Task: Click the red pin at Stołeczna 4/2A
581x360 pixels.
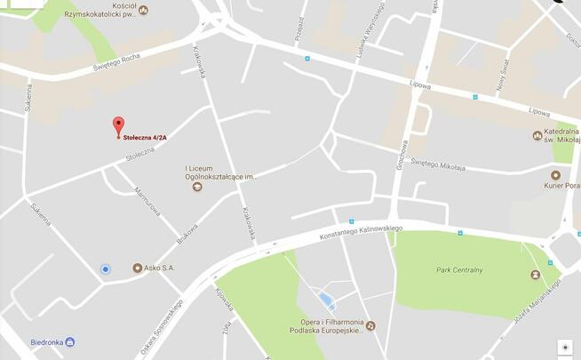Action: (x=118, y=125)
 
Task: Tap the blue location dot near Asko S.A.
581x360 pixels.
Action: (x=106, y=268)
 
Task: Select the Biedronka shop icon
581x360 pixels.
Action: (x=70, y=341)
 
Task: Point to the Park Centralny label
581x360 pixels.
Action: (x=459, y=269)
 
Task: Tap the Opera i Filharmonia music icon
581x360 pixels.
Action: (x=370, y=326)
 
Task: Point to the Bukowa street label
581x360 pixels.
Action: (x=187, y=234)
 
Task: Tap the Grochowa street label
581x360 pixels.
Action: (x=402, y=157)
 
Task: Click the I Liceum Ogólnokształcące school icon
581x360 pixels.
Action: (x=198, y=187)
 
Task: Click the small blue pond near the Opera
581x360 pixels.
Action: (x=326, y=299)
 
